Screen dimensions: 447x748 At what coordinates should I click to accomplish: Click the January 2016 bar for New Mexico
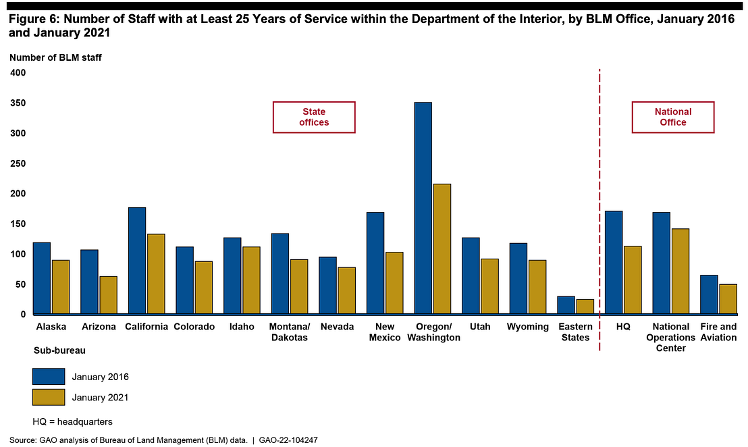click(375, 263)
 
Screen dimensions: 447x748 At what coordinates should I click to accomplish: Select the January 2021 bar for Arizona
click(108, 295)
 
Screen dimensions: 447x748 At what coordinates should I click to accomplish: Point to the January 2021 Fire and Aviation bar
click(728, 298)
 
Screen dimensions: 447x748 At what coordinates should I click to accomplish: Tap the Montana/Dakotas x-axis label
click(289, 332)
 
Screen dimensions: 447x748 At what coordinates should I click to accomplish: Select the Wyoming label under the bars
click(528, 327)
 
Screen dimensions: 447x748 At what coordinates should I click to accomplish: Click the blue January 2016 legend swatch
click(49, 376)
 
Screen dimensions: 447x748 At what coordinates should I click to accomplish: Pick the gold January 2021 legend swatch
click(49, 397)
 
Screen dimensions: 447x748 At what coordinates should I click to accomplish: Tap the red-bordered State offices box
click(314, 117)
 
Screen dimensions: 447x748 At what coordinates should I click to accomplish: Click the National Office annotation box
click(673, 117)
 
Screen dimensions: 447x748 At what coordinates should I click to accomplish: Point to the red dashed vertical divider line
click(599, 203)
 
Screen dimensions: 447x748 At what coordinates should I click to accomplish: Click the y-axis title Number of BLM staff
click(55, 57)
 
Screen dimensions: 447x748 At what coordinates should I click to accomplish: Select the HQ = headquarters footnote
click(72, 421)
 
